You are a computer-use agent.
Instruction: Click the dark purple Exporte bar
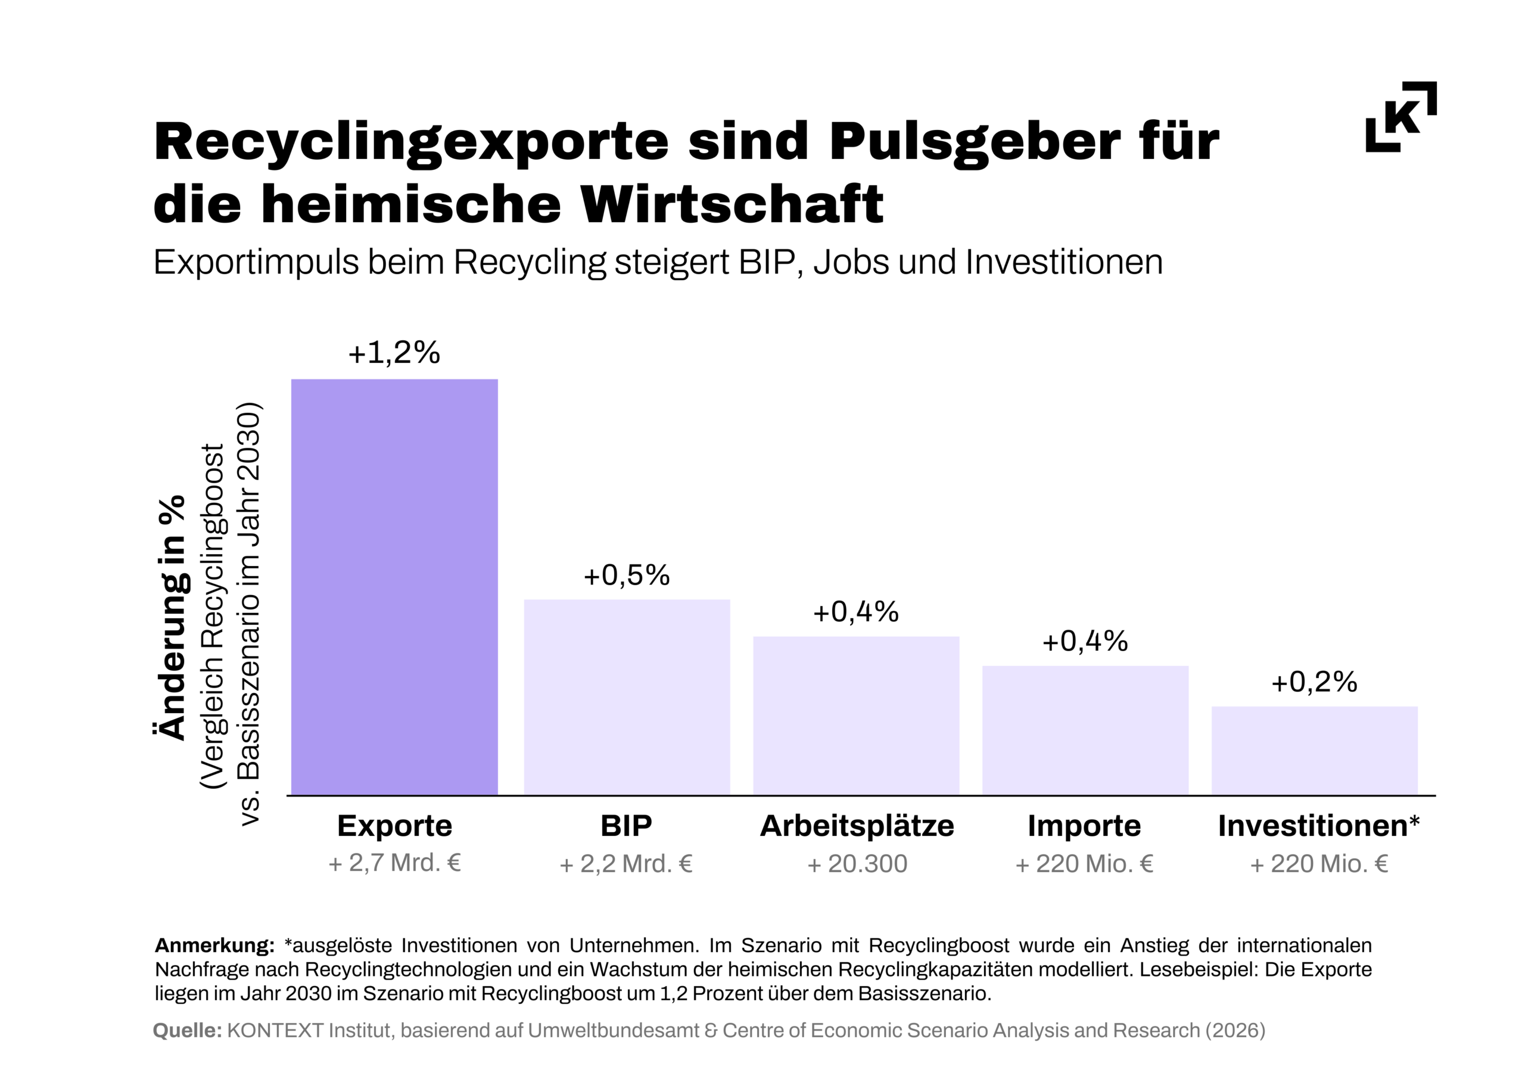(394, 587)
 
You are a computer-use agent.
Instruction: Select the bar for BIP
(626, 697)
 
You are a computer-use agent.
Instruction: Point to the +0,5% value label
(626, 575)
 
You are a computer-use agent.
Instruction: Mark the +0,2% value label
(1314, 682)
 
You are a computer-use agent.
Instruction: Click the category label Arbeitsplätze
(856, 826)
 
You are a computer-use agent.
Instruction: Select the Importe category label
(1084, 826)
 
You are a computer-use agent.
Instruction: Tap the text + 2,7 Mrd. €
(394, 863)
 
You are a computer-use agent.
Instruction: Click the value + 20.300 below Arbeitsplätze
(857, 864)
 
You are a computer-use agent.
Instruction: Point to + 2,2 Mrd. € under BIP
(626, 864)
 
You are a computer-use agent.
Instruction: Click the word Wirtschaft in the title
(732, 204)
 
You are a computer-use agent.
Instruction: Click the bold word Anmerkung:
(214, 945)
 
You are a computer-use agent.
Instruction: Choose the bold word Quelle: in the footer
(187, 1031)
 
